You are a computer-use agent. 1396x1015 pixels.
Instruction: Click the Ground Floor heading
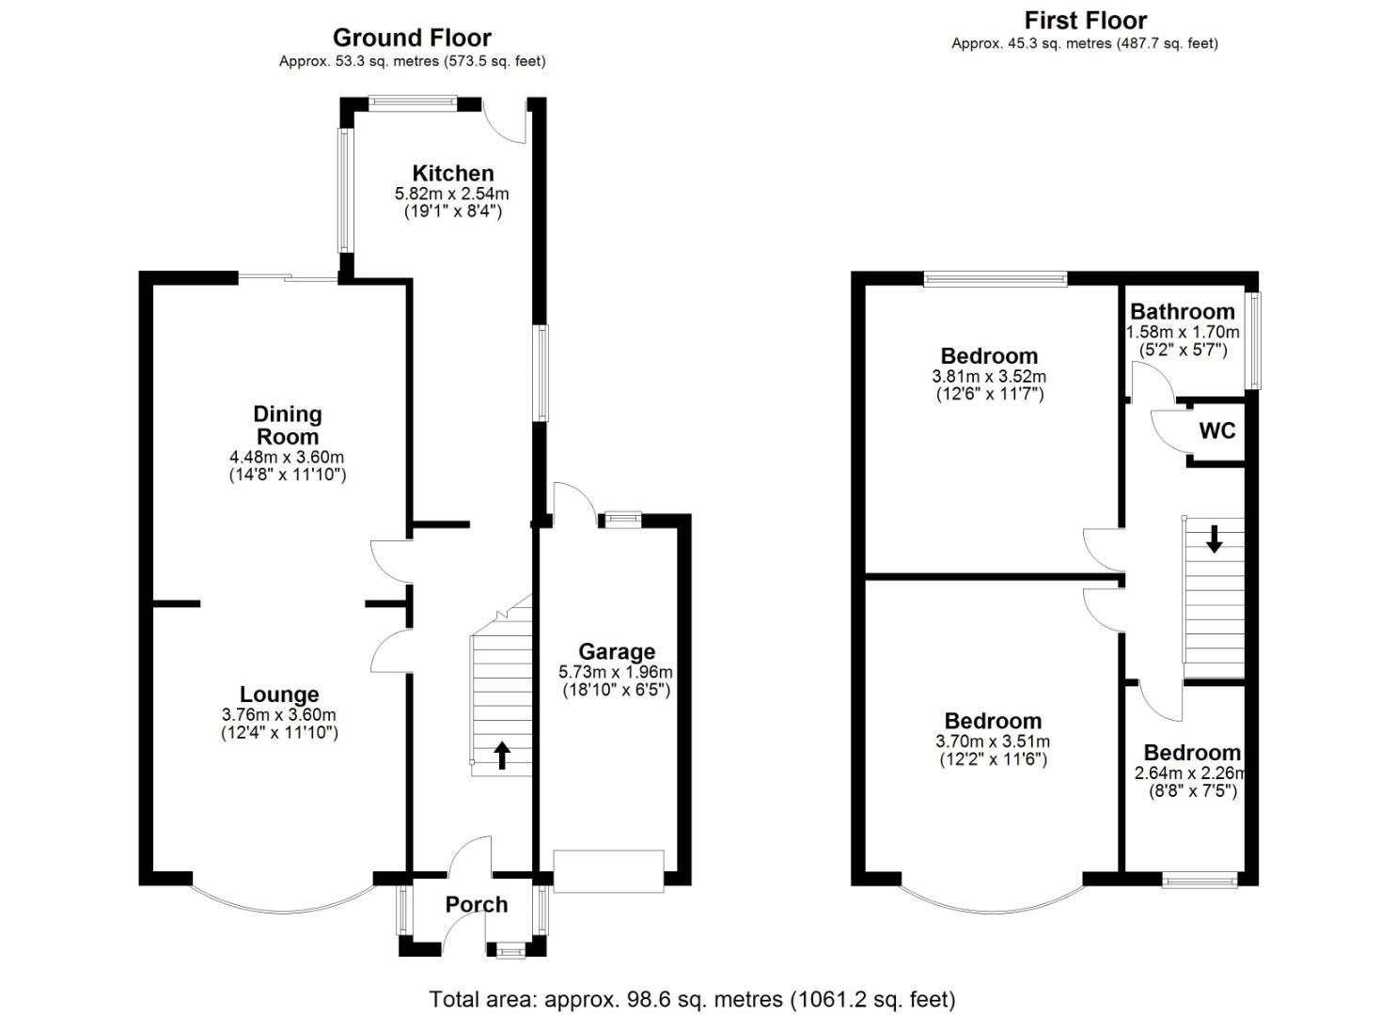(x=412, y=38)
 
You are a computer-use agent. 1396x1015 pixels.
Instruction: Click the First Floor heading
(x=1085, y=20)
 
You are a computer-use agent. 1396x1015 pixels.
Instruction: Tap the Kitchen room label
(x=453, y=173)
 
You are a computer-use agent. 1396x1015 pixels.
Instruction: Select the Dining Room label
(x=288, y=425)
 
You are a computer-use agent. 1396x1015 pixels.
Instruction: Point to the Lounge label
(x=279, y=695)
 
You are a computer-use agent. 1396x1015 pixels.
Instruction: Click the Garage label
(x=616, y=651)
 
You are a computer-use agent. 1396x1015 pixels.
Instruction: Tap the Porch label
(x=476, y=904)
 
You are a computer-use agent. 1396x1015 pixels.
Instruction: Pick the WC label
(x=1217, y=430)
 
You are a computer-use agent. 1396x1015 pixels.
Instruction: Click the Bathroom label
(x=1182, y=311)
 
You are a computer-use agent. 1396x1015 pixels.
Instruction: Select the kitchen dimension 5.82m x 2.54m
(x=451, y=194)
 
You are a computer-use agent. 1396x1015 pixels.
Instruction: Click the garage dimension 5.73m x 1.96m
(x=616, y=672)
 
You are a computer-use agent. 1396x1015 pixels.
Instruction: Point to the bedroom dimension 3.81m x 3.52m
(x=989, y=376)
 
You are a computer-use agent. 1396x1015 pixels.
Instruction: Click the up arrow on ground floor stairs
(x=502, y=755)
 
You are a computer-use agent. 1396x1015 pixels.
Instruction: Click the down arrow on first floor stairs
(x=1214, y=539)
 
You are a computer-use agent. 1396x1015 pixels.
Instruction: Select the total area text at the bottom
(x=692, y=998)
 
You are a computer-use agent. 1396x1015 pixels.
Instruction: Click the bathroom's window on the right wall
(x=1253, y=339)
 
